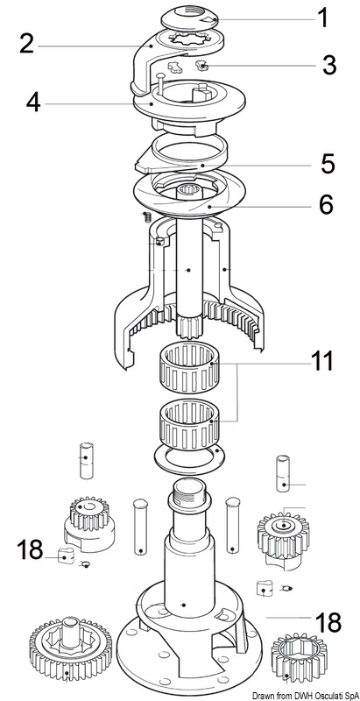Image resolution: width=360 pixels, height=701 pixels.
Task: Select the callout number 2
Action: coord(27,44)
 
